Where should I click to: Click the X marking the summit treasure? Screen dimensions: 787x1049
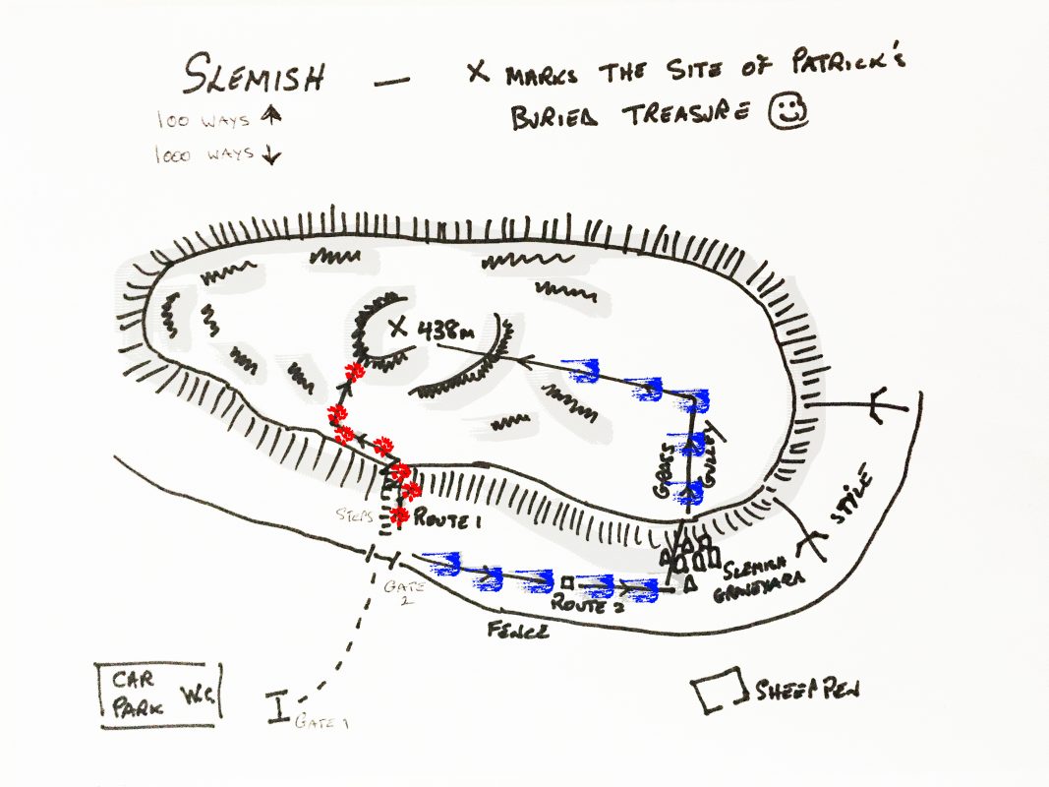coord(398,330)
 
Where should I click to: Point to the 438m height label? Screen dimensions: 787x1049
coord(447,332)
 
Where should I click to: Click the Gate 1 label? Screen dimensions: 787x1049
coord(322,723)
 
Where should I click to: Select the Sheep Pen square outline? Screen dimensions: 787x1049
coord(718,693)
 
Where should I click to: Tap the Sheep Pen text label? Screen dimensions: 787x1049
coord(809,690)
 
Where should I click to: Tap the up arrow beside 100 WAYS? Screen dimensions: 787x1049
coord(272,116)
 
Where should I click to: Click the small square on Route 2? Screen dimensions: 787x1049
coord(567,579)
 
